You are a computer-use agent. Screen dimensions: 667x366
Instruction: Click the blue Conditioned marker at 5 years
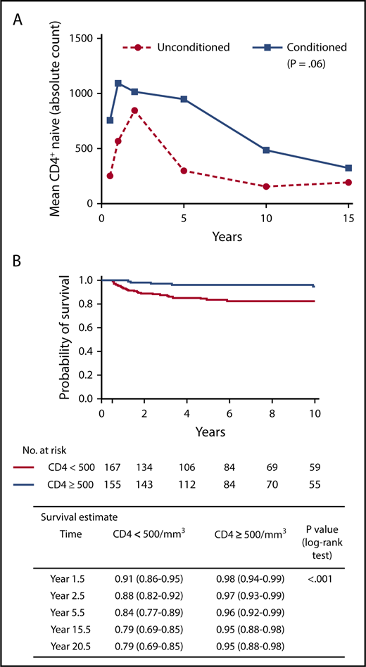(184, 99)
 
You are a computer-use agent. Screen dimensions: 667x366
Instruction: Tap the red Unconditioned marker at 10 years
(267, 186)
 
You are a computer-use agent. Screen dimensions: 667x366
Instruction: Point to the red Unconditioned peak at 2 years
(134, 110)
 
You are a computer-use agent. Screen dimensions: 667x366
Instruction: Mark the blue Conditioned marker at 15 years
(349, 168)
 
